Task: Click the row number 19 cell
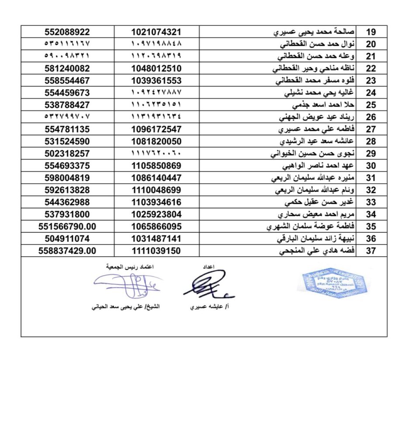[x=371, y=32]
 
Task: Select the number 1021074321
[x=156, y=32]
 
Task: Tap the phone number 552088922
[x=67, y=32]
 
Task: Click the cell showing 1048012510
[x=156, y=69]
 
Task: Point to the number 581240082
[x=67, y=69]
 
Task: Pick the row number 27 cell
[x=371, y=129]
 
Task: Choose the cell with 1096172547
[x=156, y=129]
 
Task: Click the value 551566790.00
[x=67, y=227]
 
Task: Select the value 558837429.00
[x=67, y=251]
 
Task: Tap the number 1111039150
[x=156, y=251]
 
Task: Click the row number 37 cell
[x=371, y=251]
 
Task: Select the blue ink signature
[x=127, y=285]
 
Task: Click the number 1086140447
[x=156, y=178]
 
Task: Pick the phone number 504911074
[x=67, y=239]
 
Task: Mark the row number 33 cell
[x=371, y=203]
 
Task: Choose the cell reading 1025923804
[x=156, y=215]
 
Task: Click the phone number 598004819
[x=67, y=178]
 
